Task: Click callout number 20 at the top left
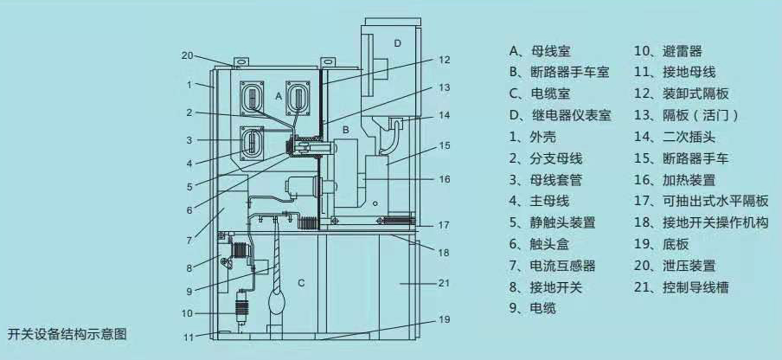(x=187, y=55)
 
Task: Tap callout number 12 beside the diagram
(x=444, y=61)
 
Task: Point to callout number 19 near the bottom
(x=444, y=319)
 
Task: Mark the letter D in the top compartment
(x=397, y=42)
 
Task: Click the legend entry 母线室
(x=541, y=52)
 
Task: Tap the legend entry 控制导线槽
(x=686, y=286)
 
